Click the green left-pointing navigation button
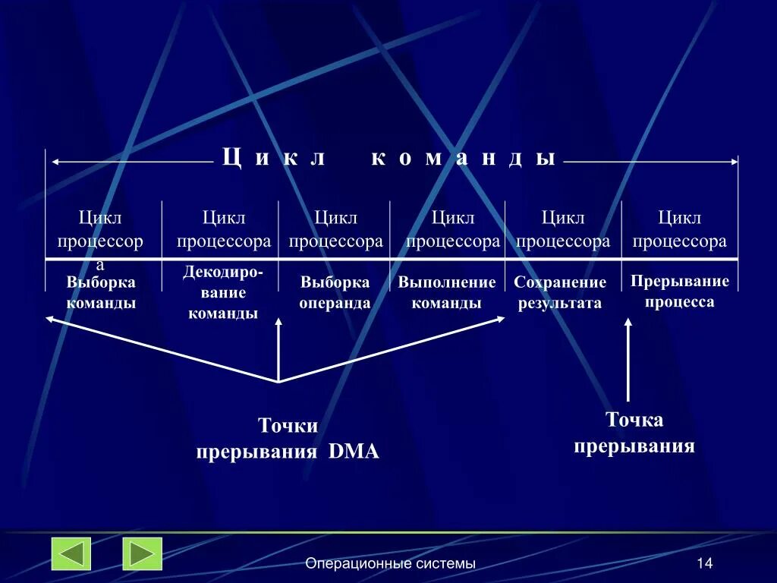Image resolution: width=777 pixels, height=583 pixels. (x=71, y=553)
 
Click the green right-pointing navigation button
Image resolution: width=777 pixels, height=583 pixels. (x=143, y=553)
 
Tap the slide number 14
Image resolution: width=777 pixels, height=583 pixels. (x=704, y=563)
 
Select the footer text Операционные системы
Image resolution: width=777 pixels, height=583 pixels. (x=391, y=563)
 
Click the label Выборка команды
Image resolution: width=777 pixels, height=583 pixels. (x=101, y=292)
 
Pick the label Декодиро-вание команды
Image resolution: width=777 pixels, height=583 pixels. (x=223, y=292)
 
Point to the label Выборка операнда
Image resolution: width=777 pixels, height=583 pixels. (x=335, y=292)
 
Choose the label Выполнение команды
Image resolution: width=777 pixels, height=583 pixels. (x=447, y=292)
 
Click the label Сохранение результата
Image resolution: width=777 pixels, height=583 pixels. (x=560, y=292)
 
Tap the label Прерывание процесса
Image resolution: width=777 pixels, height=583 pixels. (x=680, y=291)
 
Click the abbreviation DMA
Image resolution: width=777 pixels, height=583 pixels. (x=354, y=452)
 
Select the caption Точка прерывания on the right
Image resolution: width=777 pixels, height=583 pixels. (x=634, y=433)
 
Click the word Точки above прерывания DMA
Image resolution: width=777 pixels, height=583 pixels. (x=288, y=426)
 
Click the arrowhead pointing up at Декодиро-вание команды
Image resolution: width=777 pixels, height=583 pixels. (x=278, y=323)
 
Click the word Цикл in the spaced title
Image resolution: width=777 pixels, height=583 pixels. (x=274, y=158)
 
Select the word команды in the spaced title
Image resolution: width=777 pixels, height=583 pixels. (x=464, y=158)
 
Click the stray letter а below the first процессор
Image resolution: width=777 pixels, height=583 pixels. (x=99, y=265)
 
